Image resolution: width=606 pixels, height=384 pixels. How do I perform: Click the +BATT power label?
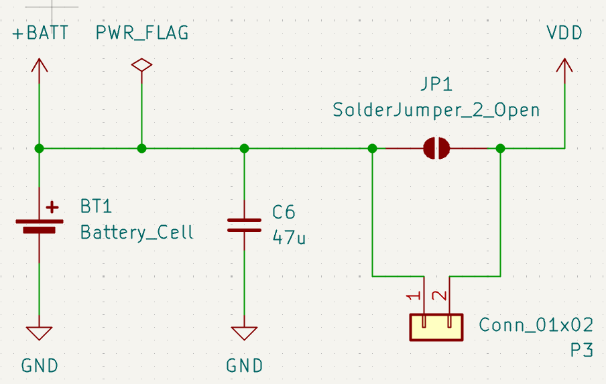[40, 33]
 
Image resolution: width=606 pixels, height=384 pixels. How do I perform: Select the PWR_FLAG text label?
[142, 34]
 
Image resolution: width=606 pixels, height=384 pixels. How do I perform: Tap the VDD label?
[564, 33]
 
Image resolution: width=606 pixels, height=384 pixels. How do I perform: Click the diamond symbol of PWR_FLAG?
[142, 65]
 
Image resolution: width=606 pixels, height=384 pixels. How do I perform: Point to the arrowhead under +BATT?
[39, 65]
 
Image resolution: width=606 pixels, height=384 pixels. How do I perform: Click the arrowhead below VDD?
[564, 65]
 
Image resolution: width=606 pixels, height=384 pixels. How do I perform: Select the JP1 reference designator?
[436, 84]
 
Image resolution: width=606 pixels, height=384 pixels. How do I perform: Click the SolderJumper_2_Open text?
[436, 110]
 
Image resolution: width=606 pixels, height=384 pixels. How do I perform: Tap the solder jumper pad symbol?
[436, 148]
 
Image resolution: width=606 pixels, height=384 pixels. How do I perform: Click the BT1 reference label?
[96, 206]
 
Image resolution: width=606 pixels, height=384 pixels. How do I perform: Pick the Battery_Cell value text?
[137, 233]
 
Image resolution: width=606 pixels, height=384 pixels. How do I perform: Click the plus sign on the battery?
[52, 208]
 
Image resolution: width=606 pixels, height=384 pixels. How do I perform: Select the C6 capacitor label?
[284, 212]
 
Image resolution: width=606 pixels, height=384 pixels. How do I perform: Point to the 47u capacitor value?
[289, 237]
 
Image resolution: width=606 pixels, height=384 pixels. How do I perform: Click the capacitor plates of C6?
[244, 225]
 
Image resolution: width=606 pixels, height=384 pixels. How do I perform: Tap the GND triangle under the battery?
[39, 333]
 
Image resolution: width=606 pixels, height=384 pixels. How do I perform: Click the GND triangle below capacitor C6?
[244, 333]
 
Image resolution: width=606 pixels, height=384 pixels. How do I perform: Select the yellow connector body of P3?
[436, 328]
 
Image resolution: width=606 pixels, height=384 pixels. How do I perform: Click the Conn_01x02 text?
[536, 325]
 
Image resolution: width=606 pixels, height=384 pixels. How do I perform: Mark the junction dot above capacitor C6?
[244, 148]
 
